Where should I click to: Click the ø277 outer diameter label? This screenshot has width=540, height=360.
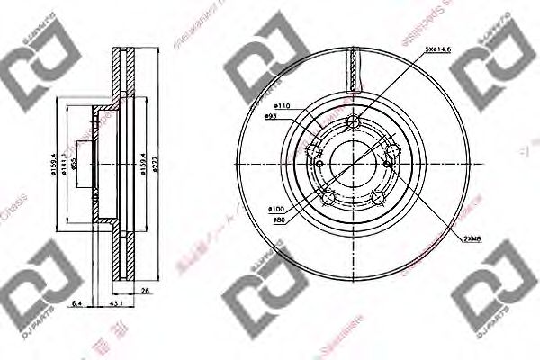point(156,164)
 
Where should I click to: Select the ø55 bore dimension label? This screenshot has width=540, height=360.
point(77,164)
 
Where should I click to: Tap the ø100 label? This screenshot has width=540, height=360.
point(276,209)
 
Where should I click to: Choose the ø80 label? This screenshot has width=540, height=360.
point(279,219)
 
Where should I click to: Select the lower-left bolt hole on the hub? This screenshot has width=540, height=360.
point(329,196)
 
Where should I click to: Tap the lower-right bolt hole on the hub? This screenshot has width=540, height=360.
point(377,198)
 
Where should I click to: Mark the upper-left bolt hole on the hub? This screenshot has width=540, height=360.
point(315,150)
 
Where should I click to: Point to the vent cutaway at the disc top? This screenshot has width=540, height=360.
point(354,67)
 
